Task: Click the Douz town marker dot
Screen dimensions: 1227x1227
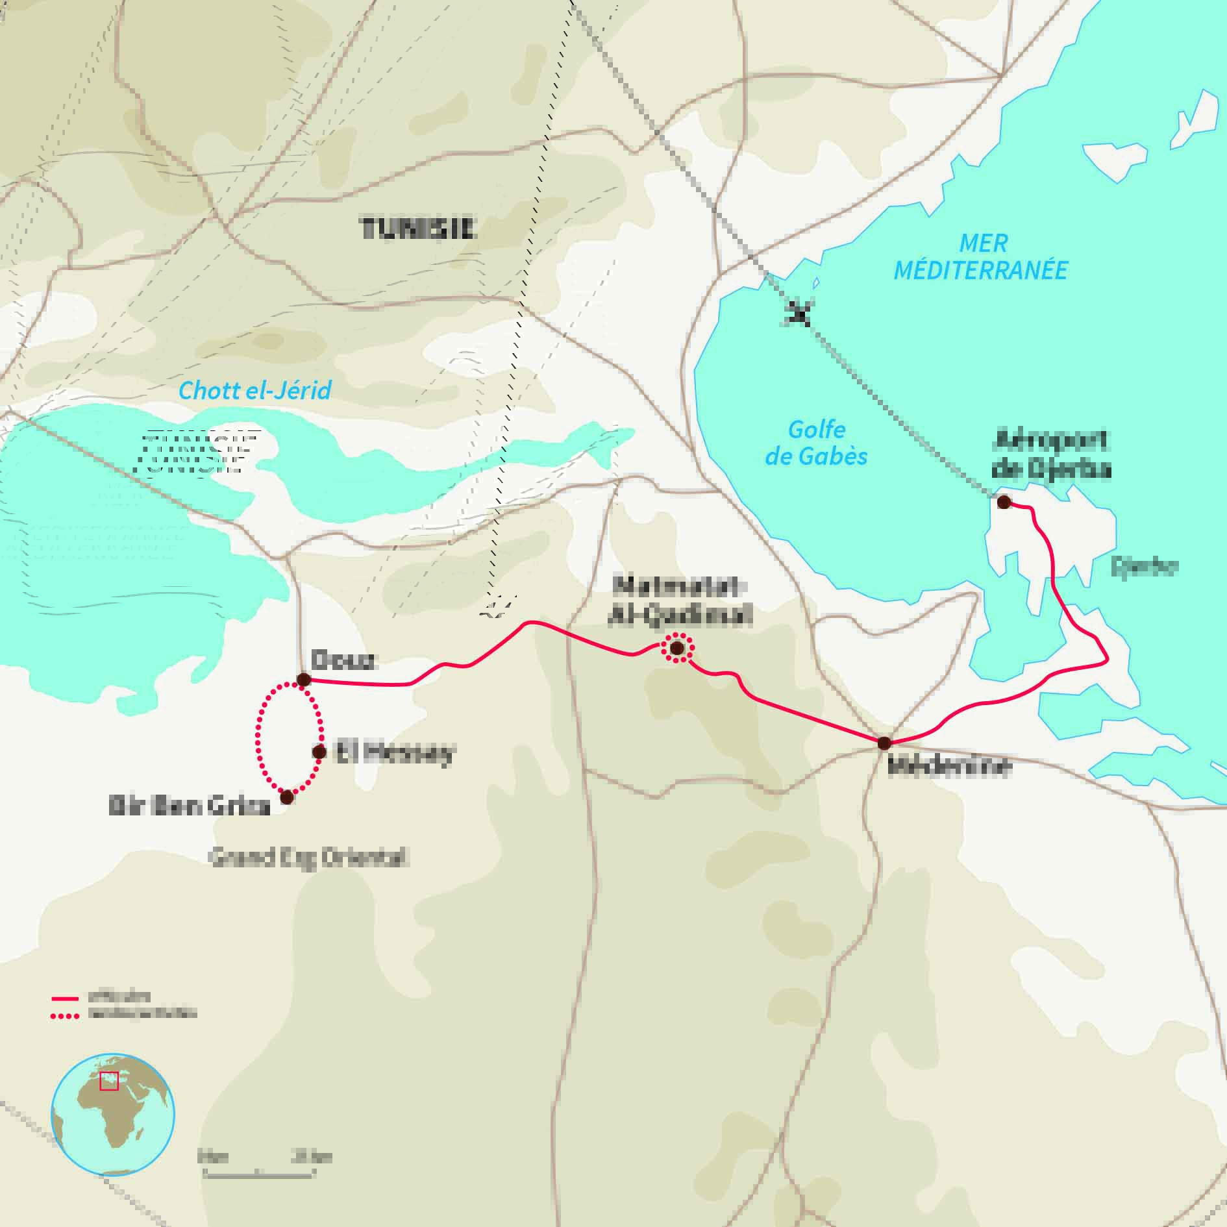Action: coord(303,680)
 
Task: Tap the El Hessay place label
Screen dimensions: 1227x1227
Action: coord(394,753)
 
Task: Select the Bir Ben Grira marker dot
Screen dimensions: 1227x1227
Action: coord(286,797)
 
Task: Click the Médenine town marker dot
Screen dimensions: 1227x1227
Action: coord(884,743)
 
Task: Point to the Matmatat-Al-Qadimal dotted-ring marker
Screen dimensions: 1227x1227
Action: coord(676,648)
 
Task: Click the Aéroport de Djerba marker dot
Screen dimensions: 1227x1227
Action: coord(1003,502)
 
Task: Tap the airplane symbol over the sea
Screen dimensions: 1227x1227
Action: coord(799,315)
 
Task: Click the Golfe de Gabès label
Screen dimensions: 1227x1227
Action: coord(816,443)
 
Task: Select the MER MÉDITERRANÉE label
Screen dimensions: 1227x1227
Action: coord(980,256)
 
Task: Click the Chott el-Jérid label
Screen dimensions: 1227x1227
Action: coord(254,390)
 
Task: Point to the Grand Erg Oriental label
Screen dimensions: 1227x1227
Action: coord(307,858)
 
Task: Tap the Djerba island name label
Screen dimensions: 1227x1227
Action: coord(1144,567)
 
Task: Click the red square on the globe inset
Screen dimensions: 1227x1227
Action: coord(109,1081)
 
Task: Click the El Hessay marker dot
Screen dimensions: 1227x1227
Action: coord(319,752)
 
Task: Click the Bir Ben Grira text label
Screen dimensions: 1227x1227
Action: coord(189,806)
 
